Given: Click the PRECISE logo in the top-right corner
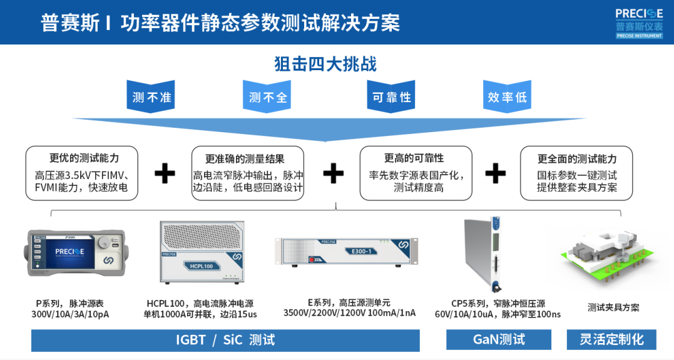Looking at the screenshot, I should [x=638, y=22].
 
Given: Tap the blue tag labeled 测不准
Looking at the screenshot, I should [x=151, y=97].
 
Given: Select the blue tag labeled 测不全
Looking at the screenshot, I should [x=268, y=97].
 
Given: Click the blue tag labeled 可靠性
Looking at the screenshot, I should [x=392, y=97].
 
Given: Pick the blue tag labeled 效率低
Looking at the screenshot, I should [x=508, y=97].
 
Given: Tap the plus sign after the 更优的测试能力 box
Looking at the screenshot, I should [x=165, y=173].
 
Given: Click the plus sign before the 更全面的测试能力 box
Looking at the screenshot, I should [x=496, y=173].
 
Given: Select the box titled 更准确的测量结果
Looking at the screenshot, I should [x=248, y=173].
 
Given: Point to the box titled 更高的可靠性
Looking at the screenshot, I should [x=414, y=173].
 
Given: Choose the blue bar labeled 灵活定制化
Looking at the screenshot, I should [x=611, y=340].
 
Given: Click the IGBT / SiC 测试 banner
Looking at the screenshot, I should [x=225, y=340].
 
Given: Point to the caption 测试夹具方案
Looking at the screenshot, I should [x=613, y=307].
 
